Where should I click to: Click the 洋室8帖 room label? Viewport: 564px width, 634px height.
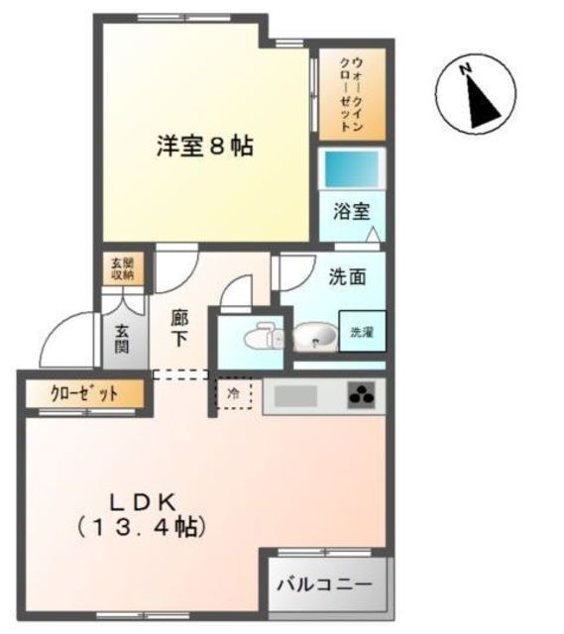pyautogui.click(x=203, y=147)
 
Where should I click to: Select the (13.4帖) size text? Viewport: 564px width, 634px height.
pyautogui.click(x=142, y=527)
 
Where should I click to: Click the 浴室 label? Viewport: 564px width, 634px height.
pyautogui.click(x=351, y=212)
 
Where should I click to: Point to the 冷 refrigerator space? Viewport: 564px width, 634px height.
pyautogui.click(x=234, y=393)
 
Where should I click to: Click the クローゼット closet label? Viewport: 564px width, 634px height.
pyautogui.click(x=84, y=394)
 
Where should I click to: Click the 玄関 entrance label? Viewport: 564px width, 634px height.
pyautogui.click(x=122, y=340)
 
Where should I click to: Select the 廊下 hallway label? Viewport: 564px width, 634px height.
pyautogui.click(x=179, y=328)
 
